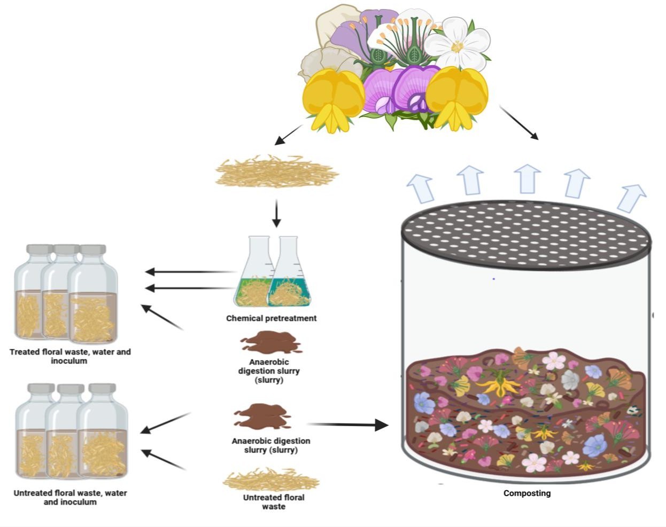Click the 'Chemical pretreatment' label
[271, 318]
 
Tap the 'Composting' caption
[526, 493]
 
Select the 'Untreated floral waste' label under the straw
[273, 501]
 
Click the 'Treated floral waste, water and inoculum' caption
[70, 356]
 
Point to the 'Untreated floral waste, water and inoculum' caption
[70, 497]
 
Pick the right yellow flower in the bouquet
[457, 98]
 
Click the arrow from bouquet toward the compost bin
[518, 122]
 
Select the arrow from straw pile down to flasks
[276, 213]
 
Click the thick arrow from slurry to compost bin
[347, 425]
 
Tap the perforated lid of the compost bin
[526, 235]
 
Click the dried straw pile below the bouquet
[276, 170]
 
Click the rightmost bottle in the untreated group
[103, 432]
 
